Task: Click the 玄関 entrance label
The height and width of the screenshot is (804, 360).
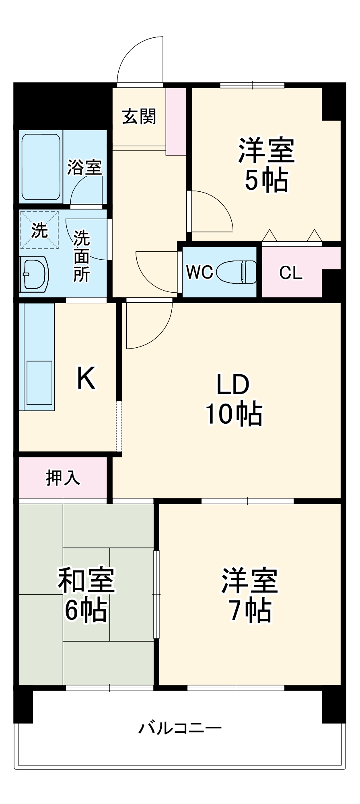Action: (x=139, y=117)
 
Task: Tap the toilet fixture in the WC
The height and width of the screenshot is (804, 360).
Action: (x=237, y=272)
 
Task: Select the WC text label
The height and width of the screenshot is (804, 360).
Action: (x=200, y=273)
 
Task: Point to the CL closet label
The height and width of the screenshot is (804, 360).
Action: (x=291, y=273)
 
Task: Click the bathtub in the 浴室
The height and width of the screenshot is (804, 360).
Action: (x=41, y=167)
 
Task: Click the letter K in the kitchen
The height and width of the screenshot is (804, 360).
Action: (x=86, y=378)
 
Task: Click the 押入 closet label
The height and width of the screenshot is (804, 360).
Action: (x=63, y=478)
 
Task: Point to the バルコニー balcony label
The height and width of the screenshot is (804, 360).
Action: (x=180, y=728)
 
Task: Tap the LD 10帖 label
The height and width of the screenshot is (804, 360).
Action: (x=233, y=400)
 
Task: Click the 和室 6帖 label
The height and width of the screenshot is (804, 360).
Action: (x=86, y=595)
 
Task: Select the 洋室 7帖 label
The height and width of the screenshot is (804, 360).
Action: (x=249, y=595)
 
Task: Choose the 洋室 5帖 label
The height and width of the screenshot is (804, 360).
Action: (x=266, y=165)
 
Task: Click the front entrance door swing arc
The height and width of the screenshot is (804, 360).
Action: (x=139, y=60)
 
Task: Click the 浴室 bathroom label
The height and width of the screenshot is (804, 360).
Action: (x=84, y=167)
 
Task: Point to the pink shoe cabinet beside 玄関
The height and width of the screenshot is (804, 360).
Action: (x=176, y=121)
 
